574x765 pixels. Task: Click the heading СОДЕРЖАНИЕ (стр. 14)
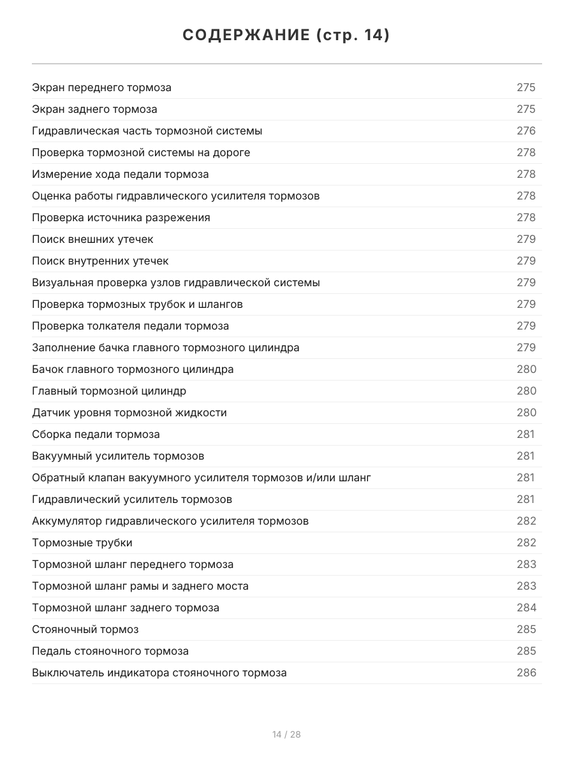pyautogui.click(x=286, y=35)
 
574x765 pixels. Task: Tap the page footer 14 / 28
pyautogui.click(x=286, y=734)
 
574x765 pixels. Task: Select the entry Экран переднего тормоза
pyautogui.click(x=101, y=87)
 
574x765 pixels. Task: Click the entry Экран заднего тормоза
pyautogui.click(x=94, y=109)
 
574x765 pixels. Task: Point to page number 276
pyautogui.click(x=526, y=131)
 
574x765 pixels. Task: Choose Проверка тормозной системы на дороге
pyautogui.click(x=141, y=152)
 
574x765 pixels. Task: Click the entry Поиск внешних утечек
pyautogui.click(x=92, y=239)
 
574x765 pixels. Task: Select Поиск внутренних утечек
pyautogui.click(x=100, y=261)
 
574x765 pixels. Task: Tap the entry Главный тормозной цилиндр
pyautogui.click(x=109, y=391)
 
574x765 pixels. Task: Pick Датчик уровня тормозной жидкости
pyautogui.click(x=129, y=412)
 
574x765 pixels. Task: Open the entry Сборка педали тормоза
pyautogui.click(x=96, y=434)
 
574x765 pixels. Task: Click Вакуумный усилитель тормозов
pyautogui.click(x=118, y=456)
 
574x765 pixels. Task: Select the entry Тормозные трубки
pyautogui.click(x=82, y=543)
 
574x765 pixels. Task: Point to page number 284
pyautogui.click(x=526, y=608)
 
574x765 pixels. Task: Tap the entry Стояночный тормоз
pyautogui.click(x=85, y=629)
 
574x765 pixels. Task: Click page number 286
pyautogui.click(x=526, y=673)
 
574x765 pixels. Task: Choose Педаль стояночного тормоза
pyautogui.click(x=110, y=651)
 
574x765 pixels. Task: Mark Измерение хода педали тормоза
pyautogui.click(x=121, y=174)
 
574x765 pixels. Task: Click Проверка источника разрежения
pyautogui.click(x=121, y=217)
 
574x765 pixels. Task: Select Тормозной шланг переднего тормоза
pyautogui.click(x=133, y=564)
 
